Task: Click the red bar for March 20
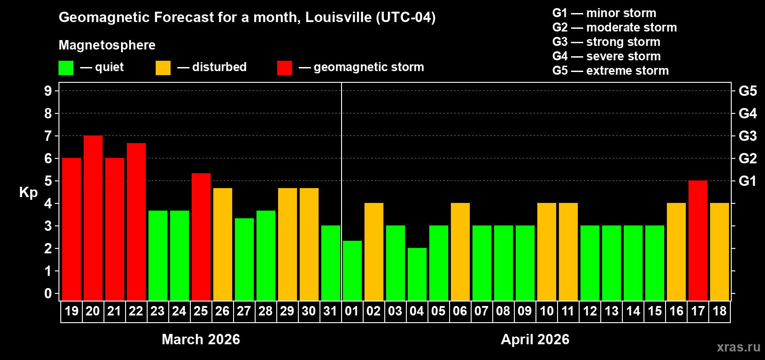tap(93, 218)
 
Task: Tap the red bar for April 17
tap(698, 240)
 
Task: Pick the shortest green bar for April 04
tap(417, 274)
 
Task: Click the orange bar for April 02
tap(374, 252)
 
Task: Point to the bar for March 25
tap(201, 237)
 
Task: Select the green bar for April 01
tap(352, 270)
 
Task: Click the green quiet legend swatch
tap(66, 68)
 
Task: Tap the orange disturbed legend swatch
tap(163, 68)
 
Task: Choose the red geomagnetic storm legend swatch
tap(284, 68)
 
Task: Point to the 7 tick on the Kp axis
tap(48, 136)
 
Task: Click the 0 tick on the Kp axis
tap(48, 294)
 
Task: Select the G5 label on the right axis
tap(747, 91)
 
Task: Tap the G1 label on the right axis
tap(747, 181)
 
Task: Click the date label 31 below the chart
tap(330, 311)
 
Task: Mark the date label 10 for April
tap(547, 311)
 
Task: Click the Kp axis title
tap(28, 192)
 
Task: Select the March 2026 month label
tap(201, 339)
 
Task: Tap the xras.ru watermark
tap(738, 347)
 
